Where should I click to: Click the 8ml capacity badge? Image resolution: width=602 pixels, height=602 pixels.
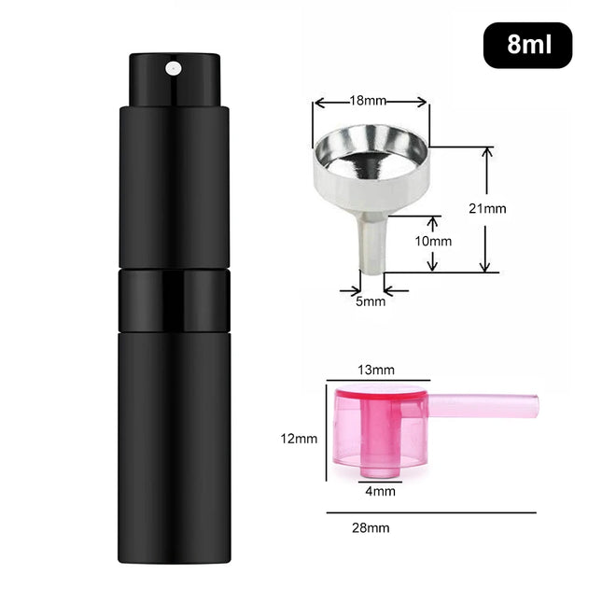click(527, 46)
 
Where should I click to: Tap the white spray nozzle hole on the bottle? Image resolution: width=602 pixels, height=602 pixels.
click(174, 69)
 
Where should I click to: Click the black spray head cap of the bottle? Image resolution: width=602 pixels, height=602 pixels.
click(175, 80)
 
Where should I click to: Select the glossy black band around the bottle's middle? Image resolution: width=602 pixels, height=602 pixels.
click(175, 301)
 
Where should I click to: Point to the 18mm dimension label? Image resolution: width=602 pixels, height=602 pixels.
click(368, 101)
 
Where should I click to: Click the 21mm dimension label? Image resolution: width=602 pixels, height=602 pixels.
click(487, 208)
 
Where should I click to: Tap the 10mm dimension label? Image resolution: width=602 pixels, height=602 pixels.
click(433, 241)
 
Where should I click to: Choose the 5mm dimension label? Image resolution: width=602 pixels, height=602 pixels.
click(371, 301)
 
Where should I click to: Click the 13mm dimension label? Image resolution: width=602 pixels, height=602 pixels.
click(376, 370)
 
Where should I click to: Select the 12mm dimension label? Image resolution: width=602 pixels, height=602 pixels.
click(299, 439)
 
